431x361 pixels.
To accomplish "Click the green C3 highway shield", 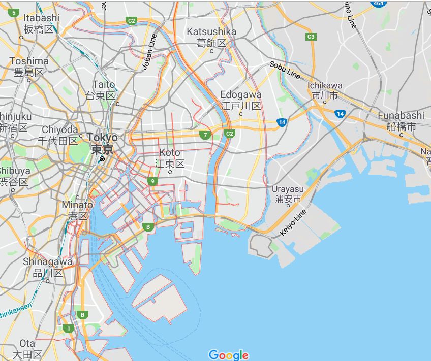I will coord(311,37).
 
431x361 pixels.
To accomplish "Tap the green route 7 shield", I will coord(205,135).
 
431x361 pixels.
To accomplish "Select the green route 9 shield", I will coord(152,181).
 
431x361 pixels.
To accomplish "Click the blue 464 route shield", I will coord(378,3).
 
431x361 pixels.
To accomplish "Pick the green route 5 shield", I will coord(14,12).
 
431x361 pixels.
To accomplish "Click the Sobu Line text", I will coord(285,70).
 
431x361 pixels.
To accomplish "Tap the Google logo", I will coord(228,355).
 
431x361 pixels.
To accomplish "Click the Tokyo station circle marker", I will coord(102,159).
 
